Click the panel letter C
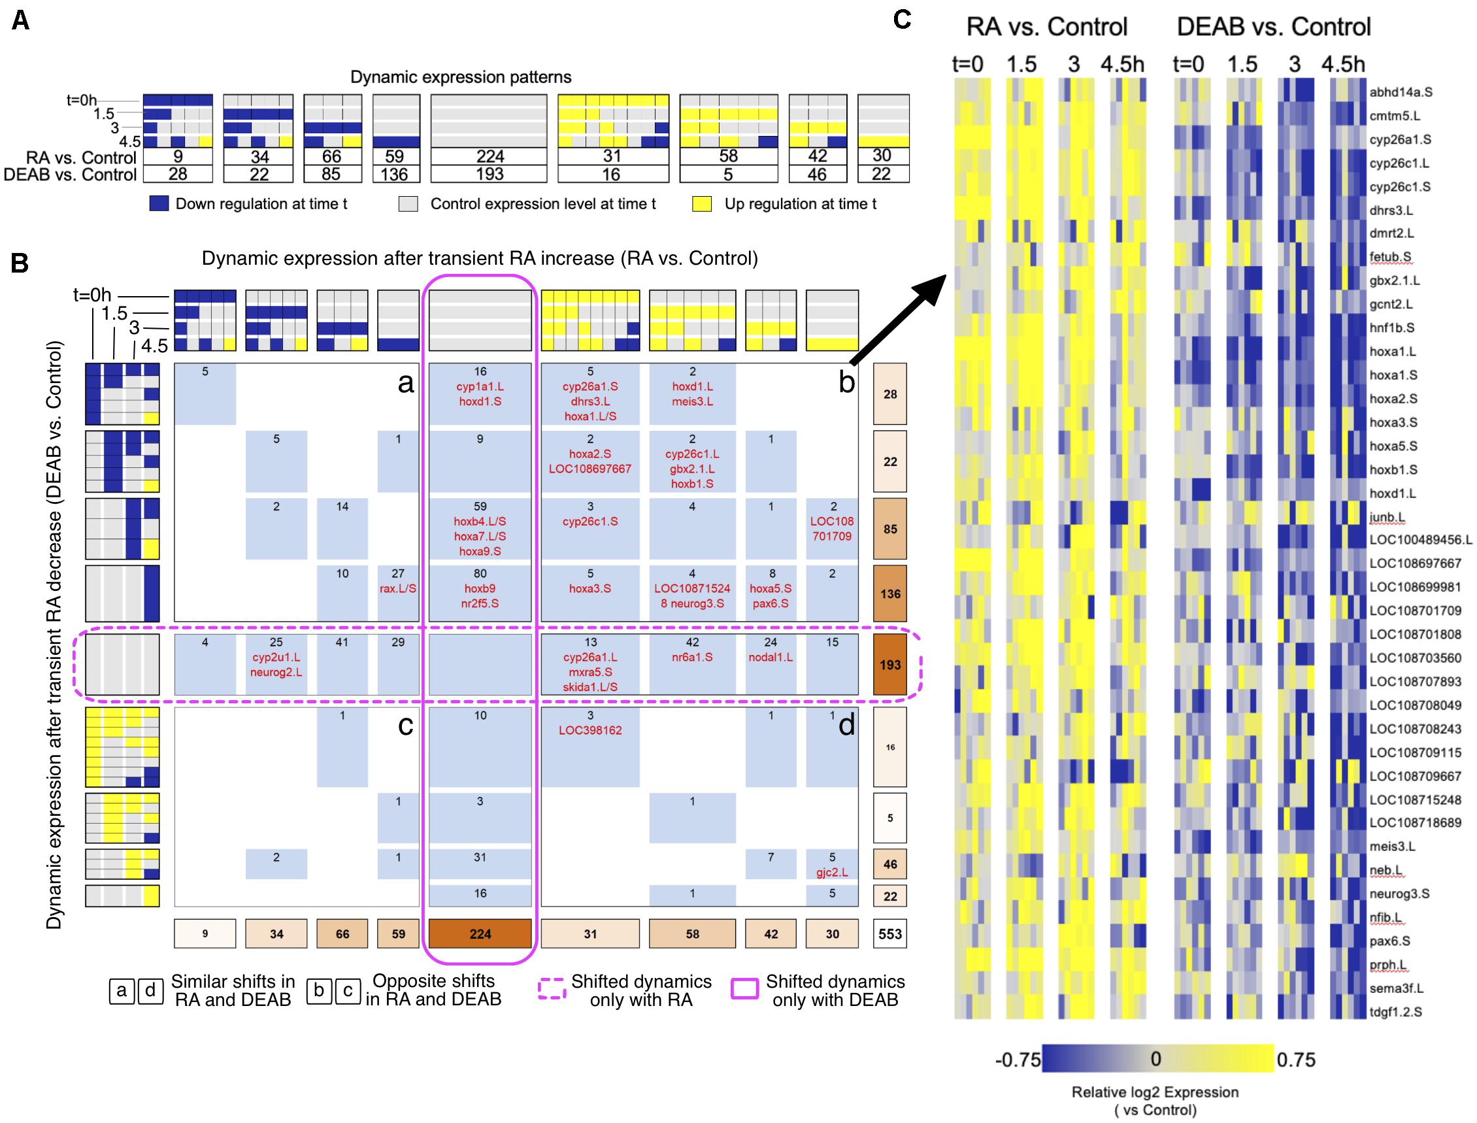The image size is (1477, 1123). [x=903, y=20]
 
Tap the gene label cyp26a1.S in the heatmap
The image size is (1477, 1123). [x=1399, y=140]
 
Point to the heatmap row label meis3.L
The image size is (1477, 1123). [x=1393, y=846]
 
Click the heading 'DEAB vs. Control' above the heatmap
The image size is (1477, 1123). [x=1273, y=27]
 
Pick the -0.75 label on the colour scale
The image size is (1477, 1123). [x=1018, y=1060]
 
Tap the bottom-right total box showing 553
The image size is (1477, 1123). [x=889, y=934]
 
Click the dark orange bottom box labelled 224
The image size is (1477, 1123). [x=480, y=934]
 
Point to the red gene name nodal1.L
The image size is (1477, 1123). [x=771, y=657]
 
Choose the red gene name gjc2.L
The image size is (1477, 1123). [x=832, y=873]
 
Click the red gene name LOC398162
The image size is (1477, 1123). [x=590, y=731]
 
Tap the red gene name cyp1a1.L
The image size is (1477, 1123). [x=480, y=387]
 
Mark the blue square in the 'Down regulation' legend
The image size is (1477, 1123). [x=158, y=204]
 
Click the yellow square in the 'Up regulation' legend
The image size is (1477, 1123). [x=702, y=204]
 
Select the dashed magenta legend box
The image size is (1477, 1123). [x=552, y=990]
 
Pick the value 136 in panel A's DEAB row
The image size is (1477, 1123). [x=394, y=174]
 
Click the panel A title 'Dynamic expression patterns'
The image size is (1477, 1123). [x=461, y=77]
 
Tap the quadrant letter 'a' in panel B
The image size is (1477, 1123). [x=405, y=383]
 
